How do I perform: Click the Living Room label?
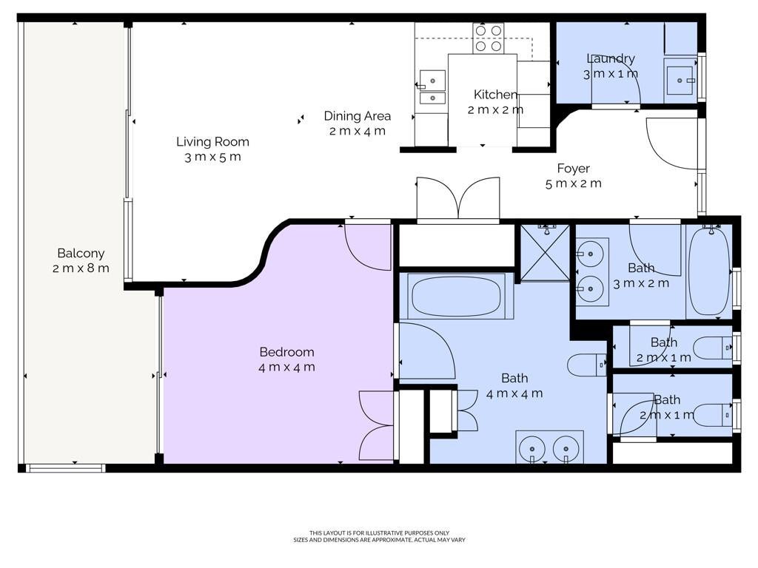pyautogui.click(x=212, y=141)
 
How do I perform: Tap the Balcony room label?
pyautogui.click(x=81, y=253)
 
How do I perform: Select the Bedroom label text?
pyautogui.click(x=286, y=351)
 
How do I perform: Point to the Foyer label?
pyautogui.click(x=574, y=169)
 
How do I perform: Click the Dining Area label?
pyautogui.click(x=358, y=116)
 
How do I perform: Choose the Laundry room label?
pyautogui.click(x=611, y=58)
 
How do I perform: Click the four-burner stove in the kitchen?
pyautogui.click(x=489, y=38)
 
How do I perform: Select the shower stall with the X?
pyautogui.click(x=545, y=253)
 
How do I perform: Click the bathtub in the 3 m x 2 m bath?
pyautogui.click(x=708, y=271)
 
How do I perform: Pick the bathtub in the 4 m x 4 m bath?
pyautogui.click(x=456, y=296)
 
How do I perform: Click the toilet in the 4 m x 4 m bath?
pyautogui.click(x=587, y=365)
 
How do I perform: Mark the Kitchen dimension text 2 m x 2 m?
pyautogui.click(x=495, y=109)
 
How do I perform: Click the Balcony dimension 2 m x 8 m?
pyautogui.click(x=81, y=268)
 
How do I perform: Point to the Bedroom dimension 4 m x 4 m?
pyautogui.click(x=286, y=367)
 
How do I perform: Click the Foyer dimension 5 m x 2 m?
pyautogui.click(x=574, y=183)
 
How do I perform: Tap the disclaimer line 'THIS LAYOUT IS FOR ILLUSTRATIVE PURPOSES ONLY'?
pyautogui.click(x=380, y=533)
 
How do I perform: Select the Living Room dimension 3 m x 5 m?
pyautogui.click(x=212, y=157)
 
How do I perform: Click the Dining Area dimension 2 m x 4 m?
pyautogui.click(x=358, y=131)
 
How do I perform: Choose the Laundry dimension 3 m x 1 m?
pyautogui.click(x=611, y=74)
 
